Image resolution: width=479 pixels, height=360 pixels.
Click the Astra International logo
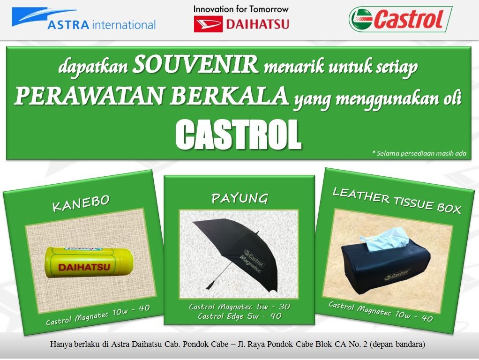tap(84, 19)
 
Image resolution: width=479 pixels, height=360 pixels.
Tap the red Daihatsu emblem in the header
tap(208, 24)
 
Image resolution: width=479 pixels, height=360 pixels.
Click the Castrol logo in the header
tap(400, 19)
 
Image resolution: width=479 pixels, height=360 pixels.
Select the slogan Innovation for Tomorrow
tap(241, 9)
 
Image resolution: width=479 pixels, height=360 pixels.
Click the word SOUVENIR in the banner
tap(195, 65)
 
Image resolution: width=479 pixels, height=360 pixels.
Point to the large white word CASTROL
tap(239, 135)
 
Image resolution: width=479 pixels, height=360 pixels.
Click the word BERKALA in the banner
tap(229, 96)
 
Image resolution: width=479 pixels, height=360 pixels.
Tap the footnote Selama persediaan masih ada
tap(419, 153)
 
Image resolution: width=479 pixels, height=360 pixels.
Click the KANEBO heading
tap(81, 203)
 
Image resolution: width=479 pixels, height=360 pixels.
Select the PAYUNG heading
tap(240, 198)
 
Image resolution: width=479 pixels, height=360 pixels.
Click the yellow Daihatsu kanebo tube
tap(90, 263)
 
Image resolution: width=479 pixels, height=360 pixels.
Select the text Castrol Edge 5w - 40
tap(239, 315)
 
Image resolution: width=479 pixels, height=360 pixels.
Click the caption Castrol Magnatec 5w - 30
tap(239, 306)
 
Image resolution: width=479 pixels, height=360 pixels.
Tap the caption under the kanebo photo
tap(98, 315)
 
